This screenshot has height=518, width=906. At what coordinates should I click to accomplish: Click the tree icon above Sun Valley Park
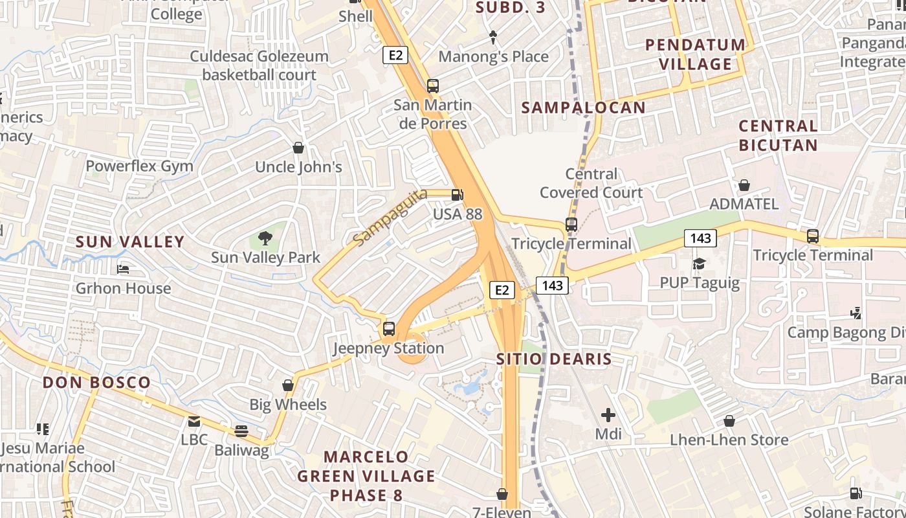pos(265,238)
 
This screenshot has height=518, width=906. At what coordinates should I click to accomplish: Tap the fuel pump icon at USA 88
pos(457,194)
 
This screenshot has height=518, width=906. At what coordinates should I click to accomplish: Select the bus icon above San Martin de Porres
pos(432,85)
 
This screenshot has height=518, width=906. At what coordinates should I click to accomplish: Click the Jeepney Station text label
pos(388,348)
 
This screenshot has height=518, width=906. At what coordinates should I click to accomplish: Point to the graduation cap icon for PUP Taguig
pos(699,264)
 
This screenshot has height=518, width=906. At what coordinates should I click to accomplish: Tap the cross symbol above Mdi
pos(608,414)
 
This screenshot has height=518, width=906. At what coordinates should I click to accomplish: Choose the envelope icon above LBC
pos(193,422)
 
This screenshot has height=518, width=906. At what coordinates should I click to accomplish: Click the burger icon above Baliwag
pos(241,431)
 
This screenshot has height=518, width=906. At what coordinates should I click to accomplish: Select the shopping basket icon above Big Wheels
pos(288,386)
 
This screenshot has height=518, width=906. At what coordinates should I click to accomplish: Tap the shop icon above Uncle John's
pos(298,148)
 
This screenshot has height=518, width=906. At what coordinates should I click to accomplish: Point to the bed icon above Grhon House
pos(123,269)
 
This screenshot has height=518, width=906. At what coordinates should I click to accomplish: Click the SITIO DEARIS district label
pos(554,359)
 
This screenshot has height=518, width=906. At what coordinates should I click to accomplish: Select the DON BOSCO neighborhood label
pos(96,382)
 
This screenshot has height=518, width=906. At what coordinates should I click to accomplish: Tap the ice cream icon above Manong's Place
pos(493,38)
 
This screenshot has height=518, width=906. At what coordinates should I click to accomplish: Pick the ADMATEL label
pos(744,204)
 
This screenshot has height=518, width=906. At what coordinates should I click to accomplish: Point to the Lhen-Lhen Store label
pos(729,440)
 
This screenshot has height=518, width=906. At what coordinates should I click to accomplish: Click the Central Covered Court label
pos(591,183)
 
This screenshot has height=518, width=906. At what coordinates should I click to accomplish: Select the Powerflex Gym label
pos(140,166)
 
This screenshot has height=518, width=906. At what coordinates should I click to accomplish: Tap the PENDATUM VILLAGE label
pos(696,54)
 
